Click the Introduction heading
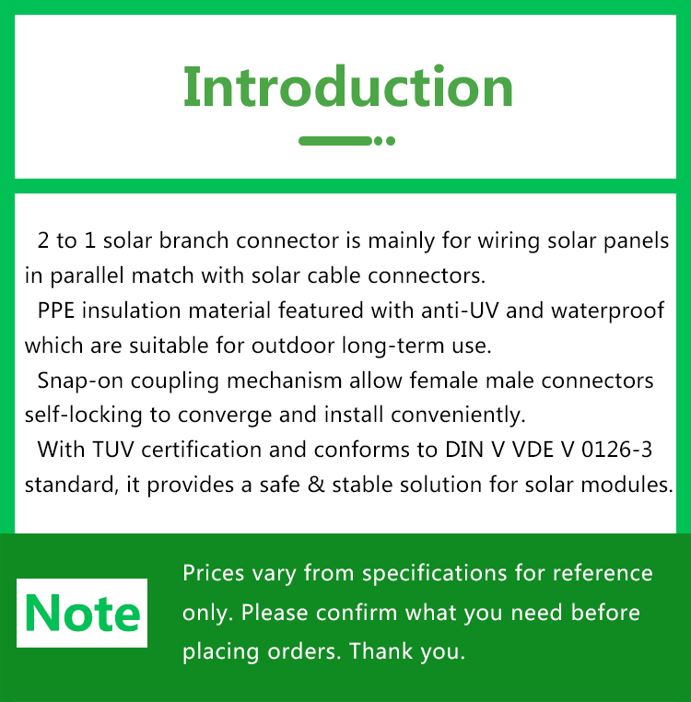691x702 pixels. pyautogui.click(x=348, y=87)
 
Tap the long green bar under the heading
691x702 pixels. pyautogui.click(x=335, y=141)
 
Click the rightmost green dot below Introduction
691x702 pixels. pyautogui.click(x=391, y=141)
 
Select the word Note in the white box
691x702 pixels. pyautogui.click(x=82, y=614)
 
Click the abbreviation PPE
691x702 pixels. pyautogui.click(x=56, y=310)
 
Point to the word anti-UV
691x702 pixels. pyautogui.click(x=460, y=310)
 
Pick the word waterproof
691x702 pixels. pyautogui.click(x=608, y=311)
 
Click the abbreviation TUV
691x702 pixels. pyautogui.click(x=113, y=450)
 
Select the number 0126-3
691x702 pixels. pyautogui.click(x=616, y=450)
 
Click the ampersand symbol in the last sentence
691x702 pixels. pyautogui.click(x=316, y=485)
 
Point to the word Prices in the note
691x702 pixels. pyautogui.click(x=213, y=573)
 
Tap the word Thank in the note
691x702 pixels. pyautogui.click(x=381, y=651)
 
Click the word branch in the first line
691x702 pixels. pyautogui.click(x=193, y=240)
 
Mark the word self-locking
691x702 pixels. pyautogui.click(x=83, y=415)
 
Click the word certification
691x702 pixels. pyautogui.click(x=202, y=450)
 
